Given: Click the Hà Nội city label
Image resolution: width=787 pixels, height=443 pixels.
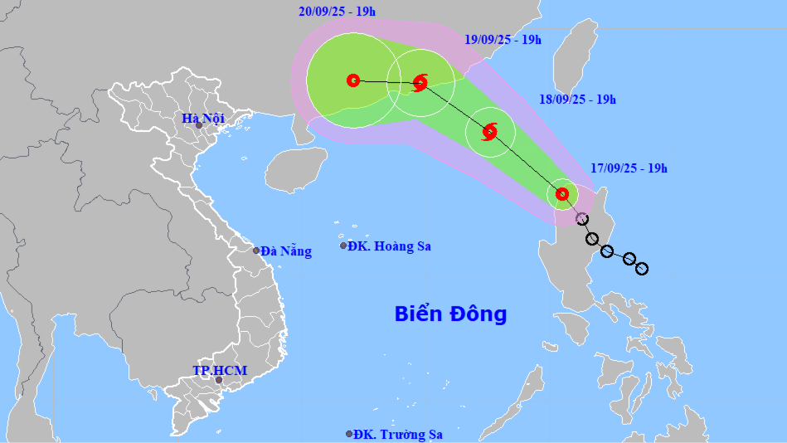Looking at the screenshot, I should click(x=203, y=119).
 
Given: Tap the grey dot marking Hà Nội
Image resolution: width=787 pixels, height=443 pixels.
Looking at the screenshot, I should click(x=199, y=125).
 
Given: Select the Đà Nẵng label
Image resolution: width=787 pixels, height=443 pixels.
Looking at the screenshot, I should click(x=286, y=251).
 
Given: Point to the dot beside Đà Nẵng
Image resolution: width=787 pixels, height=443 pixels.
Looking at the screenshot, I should click(x=256, y=250).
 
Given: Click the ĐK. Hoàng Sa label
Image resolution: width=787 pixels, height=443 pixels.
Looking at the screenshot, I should click(x=389, y=246).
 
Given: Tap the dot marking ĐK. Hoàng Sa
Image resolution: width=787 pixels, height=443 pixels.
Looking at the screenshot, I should click(x=343, y=246).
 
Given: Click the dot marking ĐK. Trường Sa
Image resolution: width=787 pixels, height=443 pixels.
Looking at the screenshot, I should click(x=349, y=434).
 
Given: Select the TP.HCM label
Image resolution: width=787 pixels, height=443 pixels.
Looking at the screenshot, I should click(x=220, y=370).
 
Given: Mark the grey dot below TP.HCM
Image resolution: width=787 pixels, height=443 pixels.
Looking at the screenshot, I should click(x=219, y=380).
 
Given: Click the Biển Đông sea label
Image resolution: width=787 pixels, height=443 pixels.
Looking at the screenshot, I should click(x=450, y=314).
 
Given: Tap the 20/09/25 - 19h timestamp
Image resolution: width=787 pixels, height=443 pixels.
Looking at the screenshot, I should click(x=337, y=12).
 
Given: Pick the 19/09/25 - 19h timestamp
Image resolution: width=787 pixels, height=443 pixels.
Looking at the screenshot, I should click(x=503, y=39).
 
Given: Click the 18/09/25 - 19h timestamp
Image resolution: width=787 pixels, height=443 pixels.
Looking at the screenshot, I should click(x=577, y=100).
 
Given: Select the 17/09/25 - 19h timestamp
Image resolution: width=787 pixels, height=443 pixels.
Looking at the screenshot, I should click(x=629, y=168).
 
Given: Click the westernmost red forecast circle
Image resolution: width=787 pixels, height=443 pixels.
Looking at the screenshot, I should click(x=353, y=80).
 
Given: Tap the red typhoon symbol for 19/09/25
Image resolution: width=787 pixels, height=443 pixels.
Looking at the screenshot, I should click(x=420, y=82).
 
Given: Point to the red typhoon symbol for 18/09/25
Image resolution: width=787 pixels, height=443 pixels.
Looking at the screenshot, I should click(x=489, y=131).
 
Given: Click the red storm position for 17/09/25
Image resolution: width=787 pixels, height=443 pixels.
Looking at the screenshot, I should click(x=562, y=194).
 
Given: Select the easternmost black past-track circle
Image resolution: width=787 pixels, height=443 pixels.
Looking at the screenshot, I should click(x=641, y=268).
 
